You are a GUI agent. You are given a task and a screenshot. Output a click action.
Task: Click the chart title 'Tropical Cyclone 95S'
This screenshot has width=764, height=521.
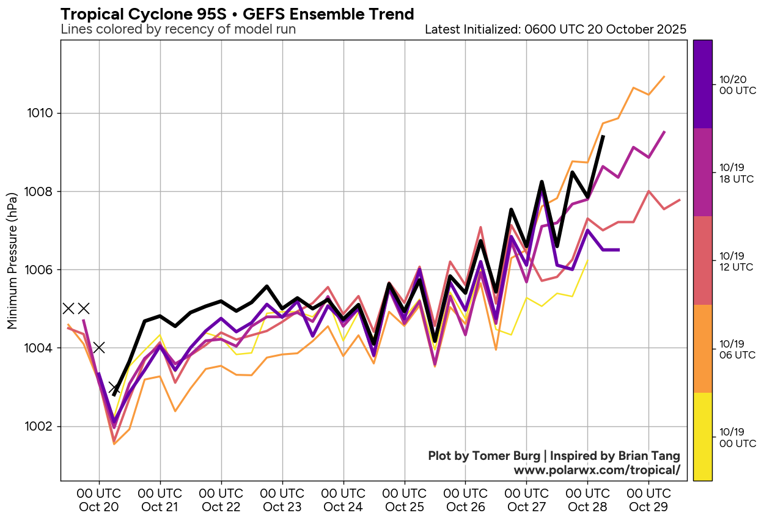coord(237,13)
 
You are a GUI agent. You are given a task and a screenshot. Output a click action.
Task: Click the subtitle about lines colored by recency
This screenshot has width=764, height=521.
coord(178,29)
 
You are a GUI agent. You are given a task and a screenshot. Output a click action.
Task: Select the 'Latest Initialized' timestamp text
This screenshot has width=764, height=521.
coord(555,29)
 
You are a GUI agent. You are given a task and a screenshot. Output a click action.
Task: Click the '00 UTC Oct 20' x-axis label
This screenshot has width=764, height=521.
coord(99,500)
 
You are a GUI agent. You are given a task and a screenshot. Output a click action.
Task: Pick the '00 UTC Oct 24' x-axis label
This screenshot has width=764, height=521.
coord(343,500)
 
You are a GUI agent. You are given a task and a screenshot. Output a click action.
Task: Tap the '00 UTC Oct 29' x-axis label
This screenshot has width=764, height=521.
coord(648,500)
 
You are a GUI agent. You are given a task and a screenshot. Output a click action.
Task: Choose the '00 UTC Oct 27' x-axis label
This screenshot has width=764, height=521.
coord(526,500)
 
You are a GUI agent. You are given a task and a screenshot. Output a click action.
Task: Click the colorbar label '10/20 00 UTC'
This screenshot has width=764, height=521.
coord(737,85)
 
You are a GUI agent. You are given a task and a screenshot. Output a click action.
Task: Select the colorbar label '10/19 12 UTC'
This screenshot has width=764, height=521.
coord(737,261)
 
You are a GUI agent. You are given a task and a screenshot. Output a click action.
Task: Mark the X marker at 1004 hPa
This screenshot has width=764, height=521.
coord(99,348)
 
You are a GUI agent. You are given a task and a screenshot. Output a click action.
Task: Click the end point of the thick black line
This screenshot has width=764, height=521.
coord(603,136)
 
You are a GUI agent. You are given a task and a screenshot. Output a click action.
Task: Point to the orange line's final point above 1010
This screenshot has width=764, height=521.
coord(664,77)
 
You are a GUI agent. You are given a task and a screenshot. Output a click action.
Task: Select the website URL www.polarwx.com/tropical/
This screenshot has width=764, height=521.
coord(597,470)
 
